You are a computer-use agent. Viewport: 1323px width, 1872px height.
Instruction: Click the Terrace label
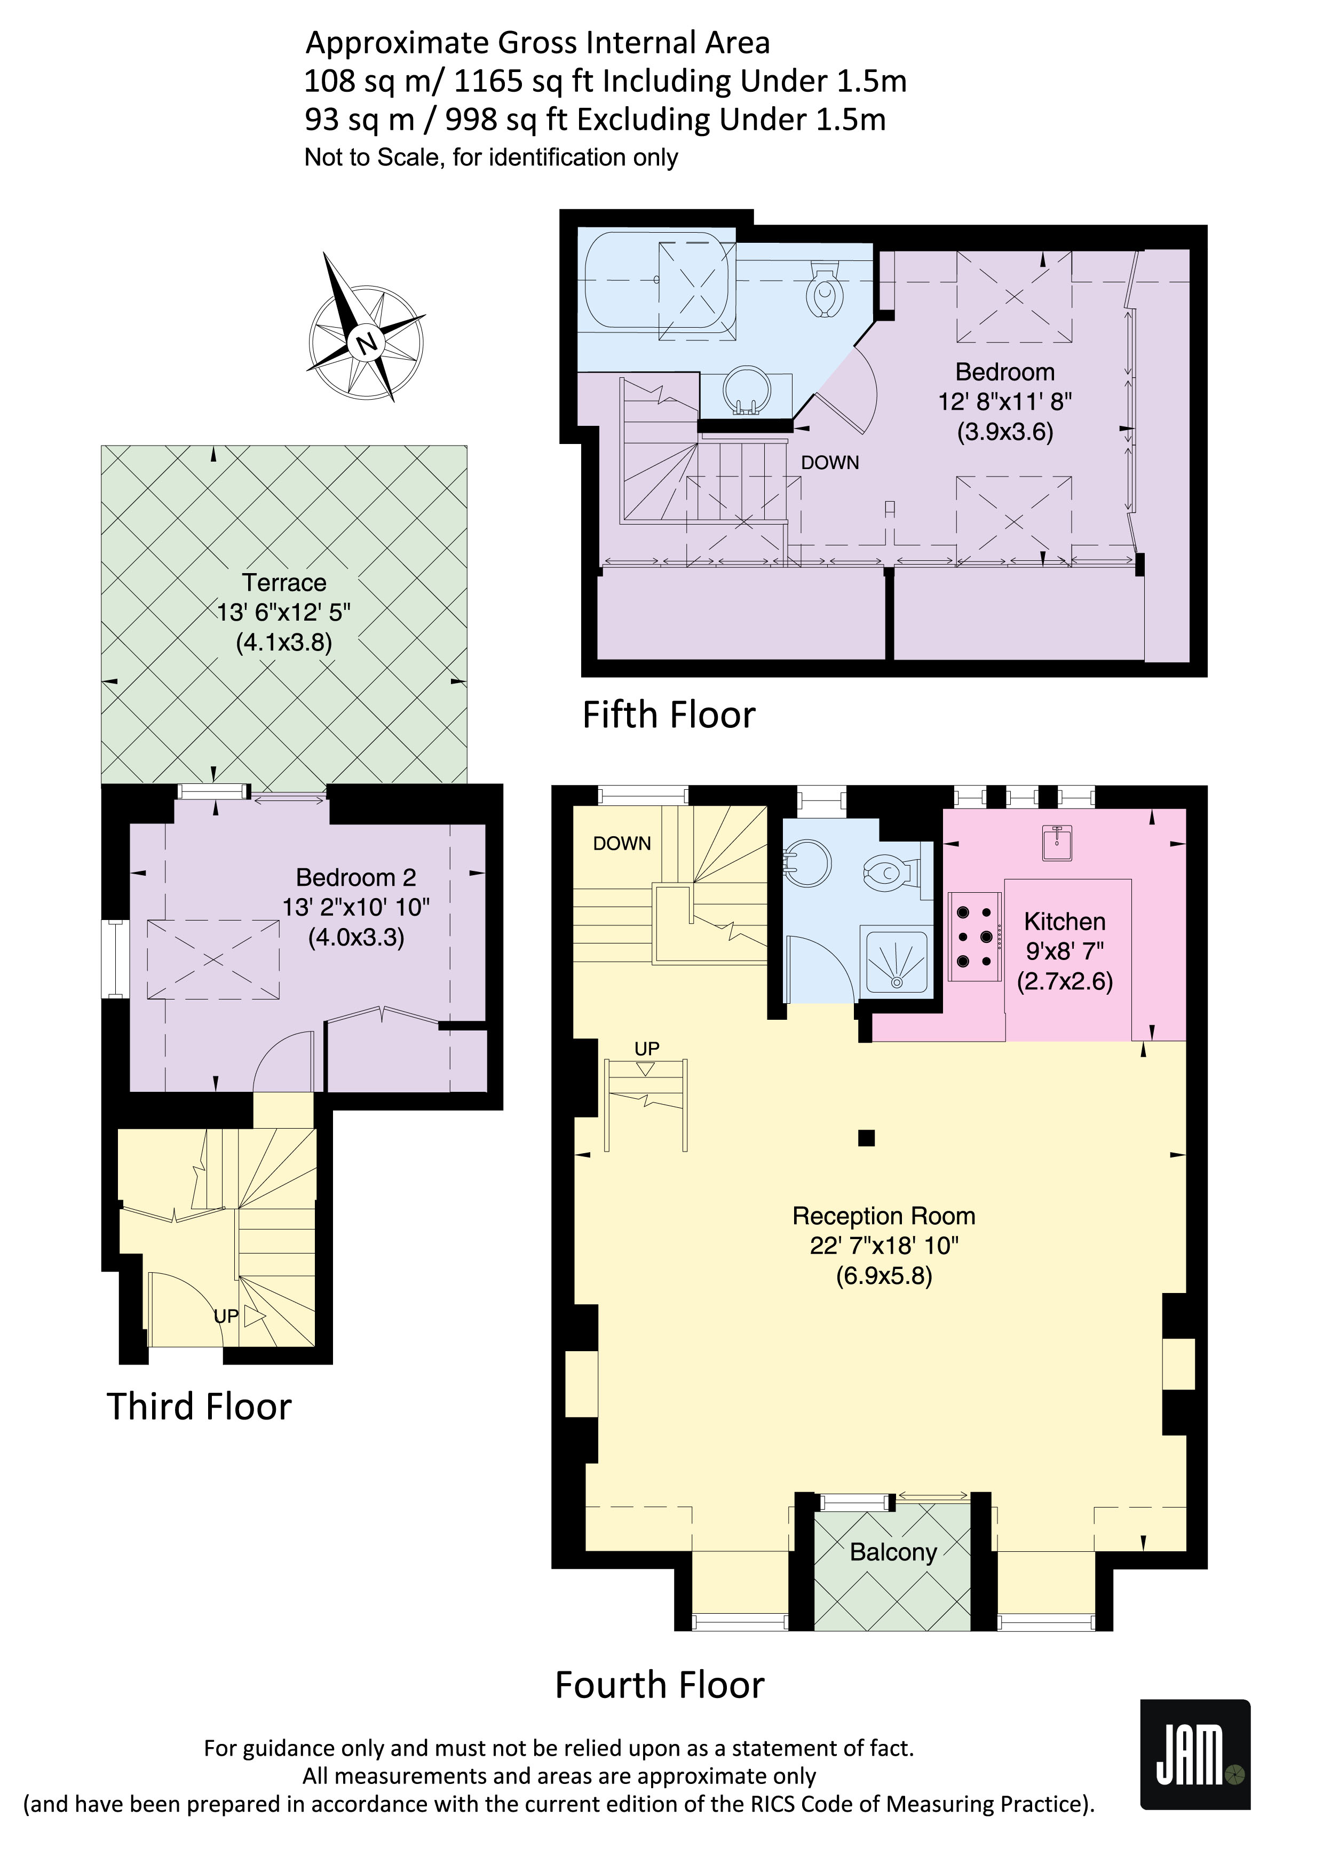coord(284,582)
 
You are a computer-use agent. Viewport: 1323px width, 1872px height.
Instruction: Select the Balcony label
coord(893,1552)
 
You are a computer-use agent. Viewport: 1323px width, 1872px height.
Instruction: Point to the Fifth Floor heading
coord(668,715)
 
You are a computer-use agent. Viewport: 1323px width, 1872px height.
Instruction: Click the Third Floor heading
coord(199,1407)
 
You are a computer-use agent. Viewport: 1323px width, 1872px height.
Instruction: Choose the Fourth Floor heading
coord(660,1685)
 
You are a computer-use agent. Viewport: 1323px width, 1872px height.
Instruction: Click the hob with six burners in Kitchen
coord(975,937)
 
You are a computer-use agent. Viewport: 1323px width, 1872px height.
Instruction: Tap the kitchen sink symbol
coord(1057,842)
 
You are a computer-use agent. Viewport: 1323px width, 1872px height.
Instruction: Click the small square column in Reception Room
coord(867,1138)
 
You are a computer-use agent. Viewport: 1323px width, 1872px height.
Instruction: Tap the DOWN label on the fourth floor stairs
coord(622,844)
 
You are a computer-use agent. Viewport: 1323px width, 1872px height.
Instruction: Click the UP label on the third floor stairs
coord(226,1316)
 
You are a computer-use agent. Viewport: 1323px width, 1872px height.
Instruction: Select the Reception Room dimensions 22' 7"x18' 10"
coord(884,1246)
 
